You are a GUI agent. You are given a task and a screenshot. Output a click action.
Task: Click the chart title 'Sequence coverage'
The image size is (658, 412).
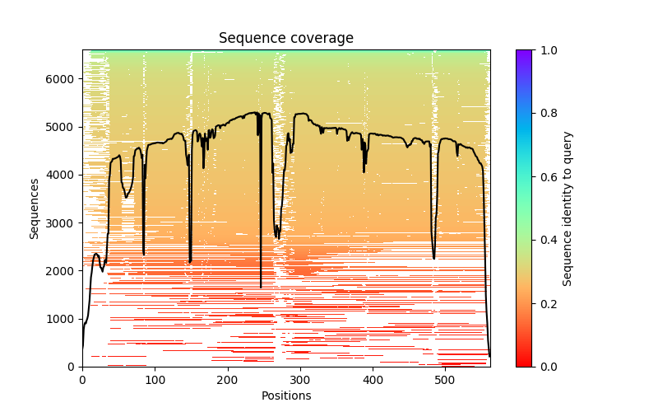[x=285, y=39]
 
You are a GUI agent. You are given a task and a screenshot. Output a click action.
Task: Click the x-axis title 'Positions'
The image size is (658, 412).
[x=285, y=396]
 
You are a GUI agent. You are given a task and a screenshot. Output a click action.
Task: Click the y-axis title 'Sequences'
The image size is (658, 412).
[x=35, y=208]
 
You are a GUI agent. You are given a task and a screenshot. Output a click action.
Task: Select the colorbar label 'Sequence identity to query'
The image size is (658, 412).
[x=568, y=208]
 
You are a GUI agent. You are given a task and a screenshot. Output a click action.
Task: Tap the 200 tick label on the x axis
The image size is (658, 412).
[x=228, y=379]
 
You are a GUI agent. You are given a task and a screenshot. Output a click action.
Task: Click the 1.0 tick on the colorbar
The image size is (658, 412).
[x=532, y=49]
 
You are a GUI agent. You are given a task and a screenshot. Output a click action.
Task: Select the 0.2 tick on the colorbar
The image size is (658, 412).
[x=532, y=303]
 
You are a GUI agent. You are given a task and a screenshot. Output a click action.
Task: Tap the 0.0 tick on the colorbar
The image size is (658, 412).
[x=532, y=367]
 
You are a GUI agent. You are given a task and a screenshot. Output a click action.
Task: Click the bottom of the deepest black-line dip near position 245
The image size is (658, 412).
[x=261, y=288]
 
